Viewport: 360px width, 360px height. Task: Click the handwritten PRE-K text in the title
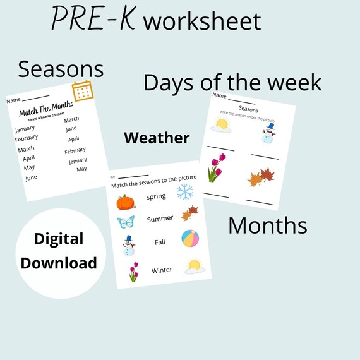coord(93,19)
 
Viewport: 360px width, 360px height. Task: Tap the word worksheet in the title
coord(202,21)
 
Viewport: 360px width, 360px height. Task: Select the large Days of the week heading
coord(232,82)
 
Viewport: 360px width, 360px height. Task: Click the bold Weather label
coord(157,138)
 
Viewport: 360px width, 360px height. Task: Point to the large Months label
coord(267,225)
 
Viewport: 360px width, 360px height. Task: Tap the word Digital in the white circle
coord(59,239)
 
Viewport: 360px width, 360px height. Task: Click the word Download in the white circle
coord(59,263)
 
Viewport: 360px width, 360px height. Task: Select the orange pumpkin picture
coord(126,202)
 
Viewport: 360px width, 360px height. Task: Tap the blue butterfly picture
coord(126,222)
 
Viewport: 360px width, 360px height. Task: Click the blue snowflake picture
coord(185,192)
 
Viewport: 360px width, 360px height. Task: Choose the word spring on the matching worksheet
coord(156,196)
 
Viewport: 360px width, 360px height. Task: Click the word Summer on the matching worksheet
coord(160,219)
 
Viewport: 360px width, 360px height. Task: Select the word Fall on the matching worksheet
coord(160,242)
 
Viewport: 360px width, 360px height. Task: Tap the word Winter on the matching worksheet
coord(162,270)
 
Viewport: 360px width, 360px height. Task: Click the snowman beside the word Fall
coord(129,245)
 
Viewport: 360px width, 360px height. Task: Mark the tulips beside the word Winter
coord(133,272)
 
